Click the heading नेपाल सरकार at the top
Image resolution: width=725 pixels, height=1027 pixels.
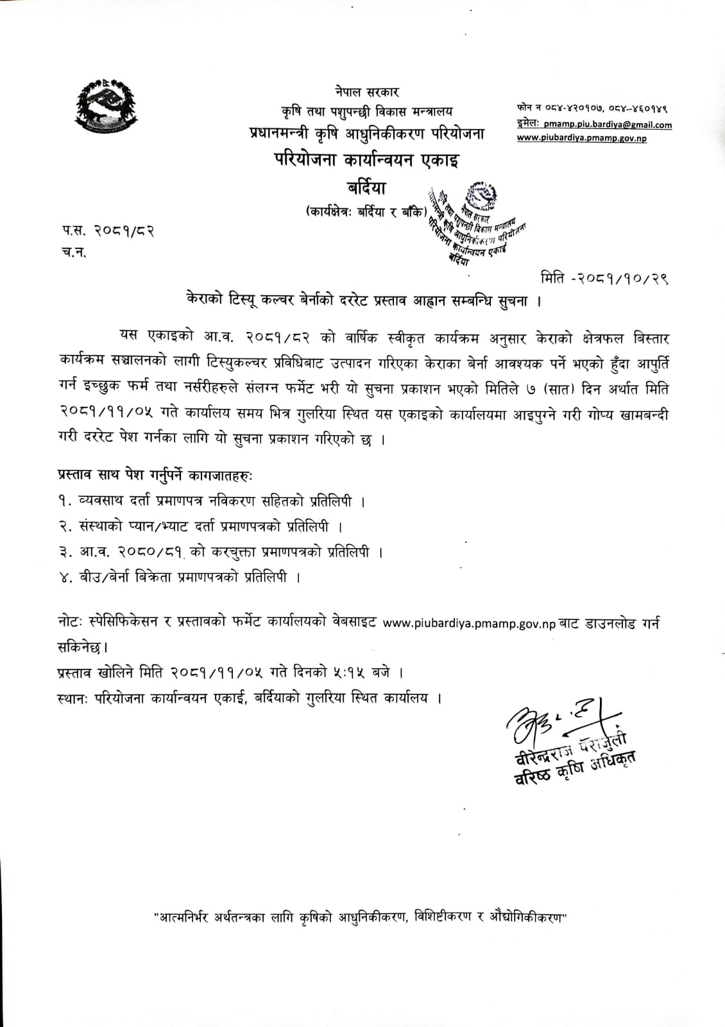pyautogui.click(x=366, y=92)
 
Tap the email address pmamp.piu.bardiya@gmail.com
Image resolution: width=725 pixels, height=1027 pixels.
pyautogui.click(x=608, y=125)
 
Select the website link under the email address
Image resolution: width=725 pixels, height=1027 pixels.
pyautogui.click(x=581, y=138)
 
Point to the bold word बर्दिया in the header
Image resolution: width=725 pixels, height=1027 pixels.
pyautogui.click(x=366, y=188)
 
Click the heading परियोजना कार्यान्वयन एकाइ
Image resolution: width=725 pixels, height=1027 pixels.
pyautogui.click(x=366, y=160)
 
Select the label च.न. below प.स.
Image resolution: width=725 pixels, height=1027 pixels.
pyautogui.click(x=74, y=252)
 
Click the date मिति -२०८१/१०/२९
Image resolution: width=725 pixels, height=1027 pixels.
pyautogui.click(x=604, y=279)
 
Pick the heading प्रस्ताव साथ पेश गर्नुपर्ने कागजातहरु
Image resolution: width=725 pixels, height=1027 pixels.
pyautogui.click(x=155, y=476)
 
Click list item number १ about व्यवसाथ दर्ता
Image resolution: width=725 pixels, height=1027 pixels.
pyautogui.click(x=212, y=501)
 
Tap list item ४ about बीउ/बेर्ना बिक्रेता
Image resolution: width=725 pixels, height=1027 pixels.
pyautogui.click(x=180, y=577)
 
